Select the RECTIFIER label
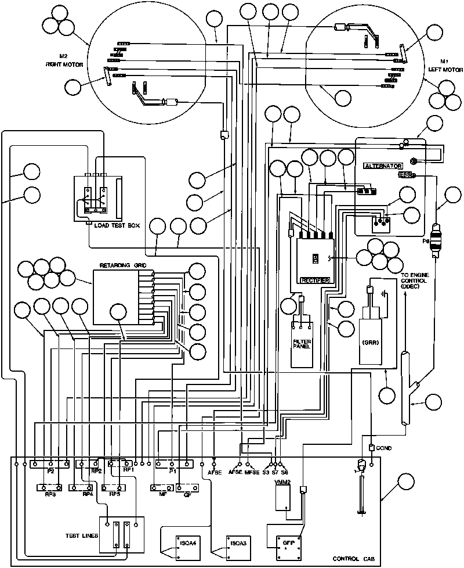click(316, 280)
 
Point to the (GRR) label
click(371, 342)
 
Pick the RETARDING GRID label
click(123, 265)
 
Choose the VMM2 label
click(282, 483)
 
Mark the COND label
click(384, 448)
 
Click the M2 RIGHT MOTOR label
click(66, 60)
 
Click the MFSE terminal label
click(252, 473)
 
